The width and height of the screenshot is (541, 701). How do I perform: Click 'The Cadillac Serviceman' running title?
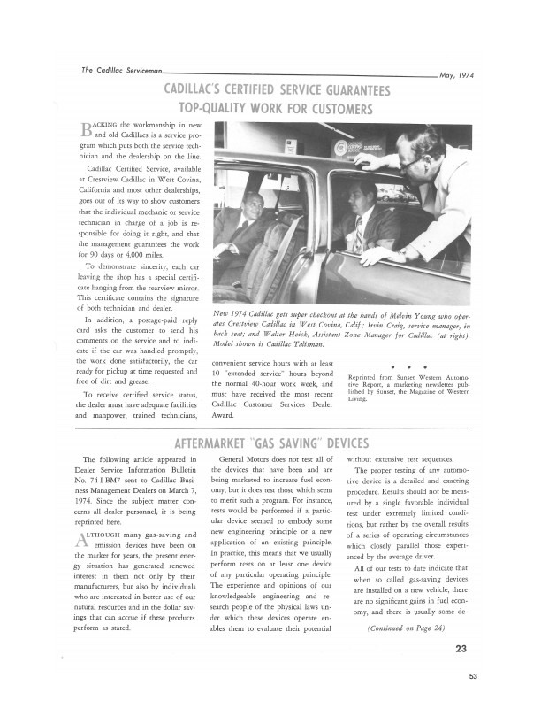[114, 70]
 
